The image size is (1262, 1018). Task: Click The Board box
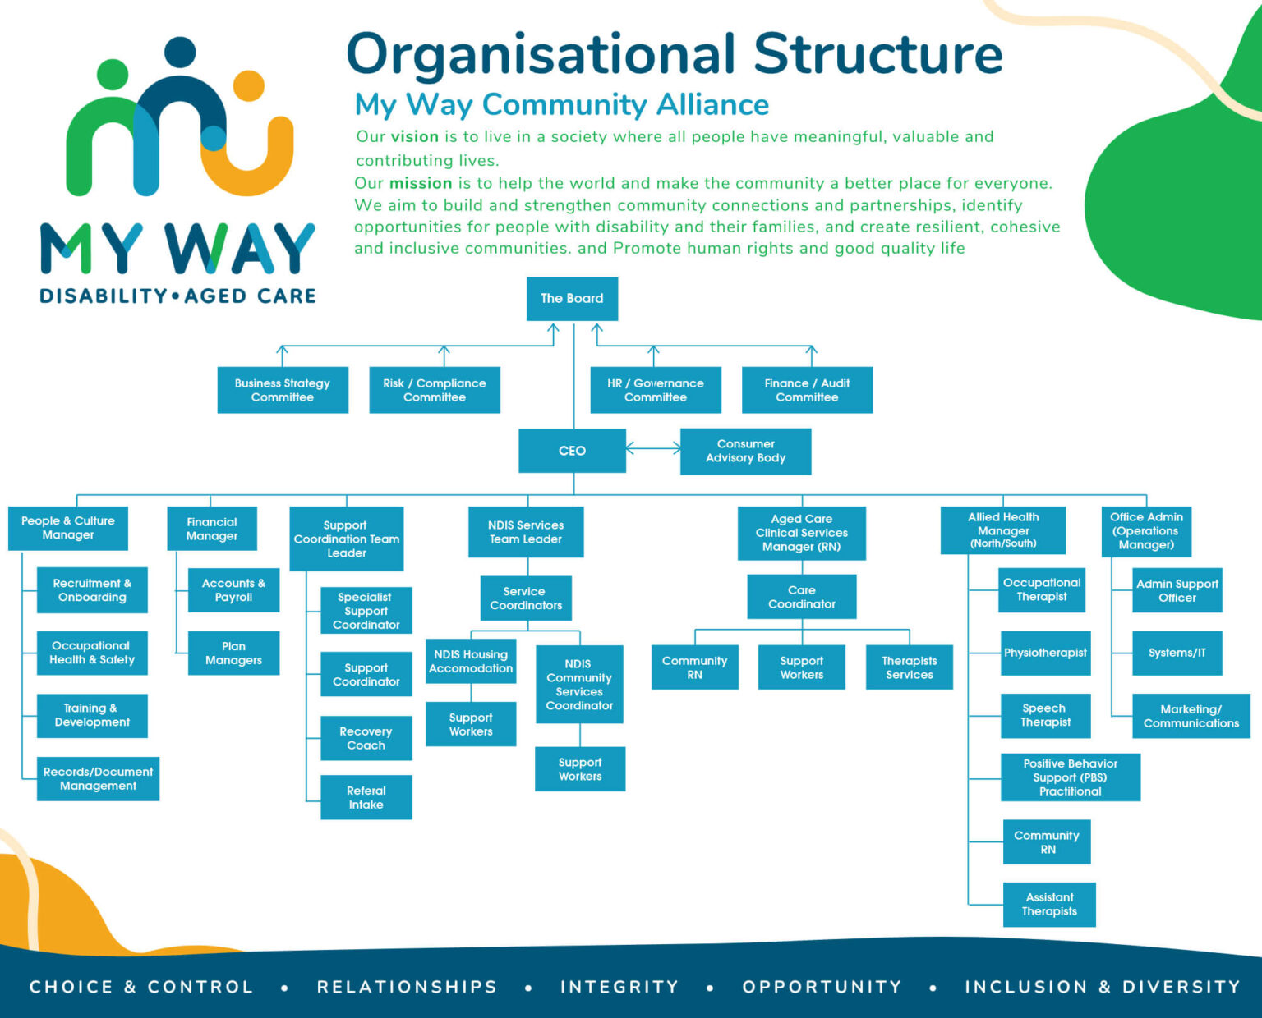click(x=572, y=299)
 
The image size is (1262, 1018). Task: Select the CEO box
click(x=572, y=451)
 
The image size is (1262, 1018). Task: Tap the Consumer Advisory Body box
click(x=745, y=451)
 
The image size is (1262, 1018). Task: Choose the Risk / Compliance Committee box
click(x=435, y=390)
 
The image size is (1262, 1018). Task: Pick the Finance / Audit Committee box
click(x=807, y=390)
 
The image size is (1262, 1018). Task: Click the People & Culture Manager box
click(x=68, y=528)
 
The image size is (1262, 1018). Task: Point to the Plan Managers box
click(x=233, y=653)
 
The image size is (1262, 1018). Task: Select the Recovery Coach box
click(x=366, y=738)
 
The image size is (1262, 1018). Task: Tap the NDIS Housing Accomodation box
click(x=471, y=661)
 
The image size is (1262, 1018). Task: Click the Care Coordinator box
click(x=801, y=597)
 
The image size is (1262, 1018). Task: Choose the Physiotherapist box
click(x=1045, y=653)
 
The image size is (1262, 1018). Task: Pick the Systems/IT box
click(x=1177, y=653)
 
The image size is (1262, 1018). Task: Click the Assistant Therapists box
click(x=1049, y=904)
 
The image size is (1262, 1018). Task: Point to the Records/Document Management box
click(x=98, y=778)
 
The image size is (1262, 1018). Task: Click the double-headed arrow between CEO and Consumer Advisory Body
click(x=653, y=448)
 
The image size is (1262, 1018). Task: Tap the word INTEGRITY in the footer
click(x=619, y=987)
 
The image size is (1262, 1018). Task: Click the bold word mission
click(x=421, y=183)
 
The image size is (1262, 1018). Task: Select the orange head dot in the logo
click(x=248, y=85)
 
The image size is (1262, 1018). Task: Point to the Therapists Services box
click(x=909, y=667)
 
